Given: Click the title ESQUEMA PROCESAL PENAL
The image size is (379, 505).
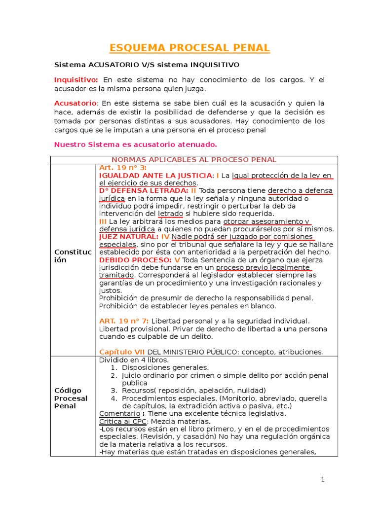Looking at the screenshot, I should click(189, 48).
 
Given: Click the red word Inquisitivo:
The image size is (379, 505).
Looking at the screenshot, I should click(76, 80).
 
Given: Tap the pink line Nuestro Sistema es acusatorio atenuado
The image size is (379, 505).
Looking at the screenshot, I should click(135, 144).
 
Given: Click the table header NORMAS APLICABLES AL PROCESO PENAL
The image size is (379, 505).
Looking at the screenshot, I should click(194, 159).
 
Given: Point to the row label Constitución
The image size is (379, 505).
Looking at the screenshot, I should click(73, 256).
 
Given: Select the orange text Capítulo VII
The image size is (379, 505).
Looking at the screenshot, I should click(122, 352).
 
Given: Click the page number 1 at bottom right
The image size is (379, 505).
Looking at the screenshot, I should click(322, 479).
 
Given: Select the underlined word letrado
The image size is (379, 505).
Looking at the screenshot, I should click(170, 214).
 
